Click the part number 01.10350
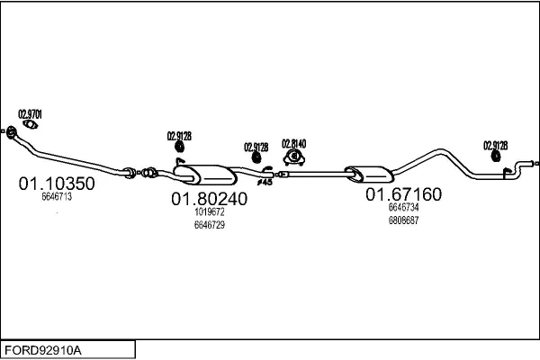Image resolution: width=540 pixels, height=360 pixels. point(57,183)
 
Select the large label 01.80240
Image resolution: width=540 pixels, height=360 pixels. point(210,199)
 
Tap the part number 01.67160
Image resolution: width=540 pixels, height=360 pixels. point(403,193)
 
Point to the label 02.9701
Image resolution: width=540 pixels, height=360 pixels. point(31,114)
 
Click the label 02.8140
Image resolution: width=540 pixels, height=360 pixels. point(293,143)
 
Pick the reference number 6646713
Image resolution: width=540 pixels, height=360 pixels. point(56,196)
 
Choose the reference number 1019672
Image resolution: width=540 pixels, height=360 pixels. point(209,212)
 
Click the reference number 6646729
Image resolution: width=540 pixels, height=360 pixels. point(209,225)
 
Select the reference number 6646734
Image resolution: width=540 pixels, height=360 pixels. point(403,207)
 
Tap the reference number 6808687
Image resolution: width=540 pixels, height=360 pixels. point(403,220)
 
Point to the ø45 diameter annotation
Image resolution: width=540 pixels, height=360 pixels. point(265,182)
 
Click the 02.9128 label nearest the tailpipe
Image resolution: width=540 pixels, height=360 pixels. point(495,144)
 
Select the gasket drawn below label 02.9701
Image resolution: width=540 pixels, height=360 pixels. point(29,126)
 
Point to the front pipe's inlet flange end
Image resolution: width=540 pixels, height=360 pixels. point(11,134)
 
